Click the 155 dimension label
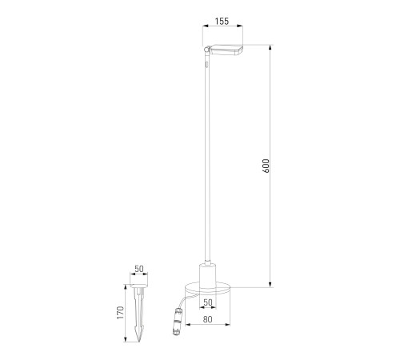[x=222, y=21]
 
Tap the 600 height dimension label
[x=266, y=166]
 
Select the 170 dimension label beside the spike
[x=121, y=313]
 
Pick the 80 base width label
[x=208, y=319]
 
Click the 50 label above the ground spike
[x=139, y=269]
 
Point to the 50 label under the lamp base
[x=208, y=302]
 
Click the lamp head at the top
[x=226, y=50]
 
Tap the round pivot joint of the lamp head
[x=206, y=49]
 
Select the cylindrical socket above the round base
[x=208, y=276]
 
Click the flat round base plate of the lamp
[x=207, y=288]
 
